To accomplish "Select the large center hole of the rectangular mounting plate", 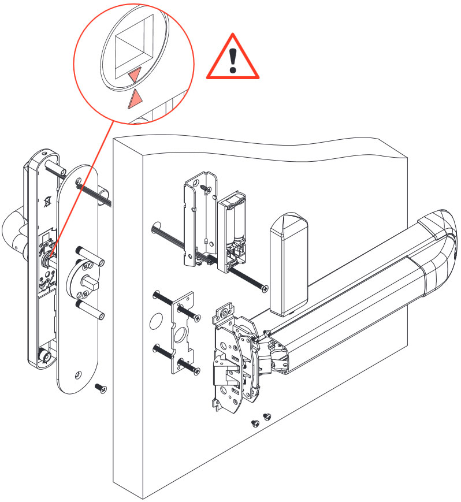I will (x=181, y=336).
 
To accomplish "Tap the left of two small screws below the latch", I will (x=255, y=423).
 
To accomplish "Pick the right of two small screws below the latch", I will (x=266, y=416).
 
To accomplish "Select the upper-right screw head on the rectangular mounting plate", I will (x=197, y=317).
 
